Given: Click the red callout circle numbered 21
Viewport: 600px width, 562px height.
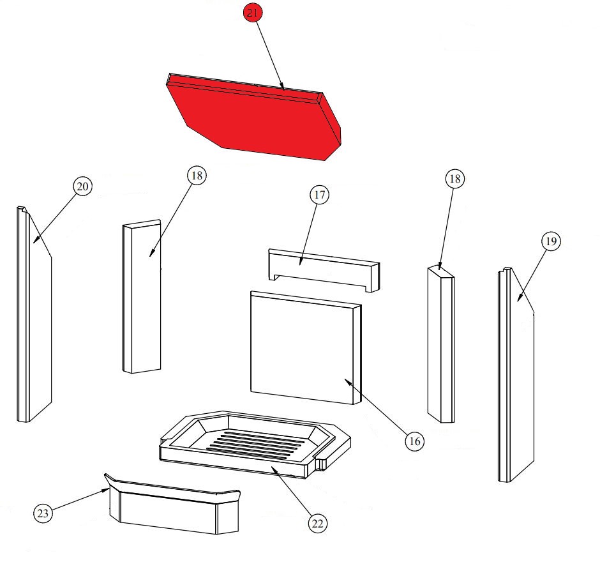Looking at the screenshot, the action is (253, 13).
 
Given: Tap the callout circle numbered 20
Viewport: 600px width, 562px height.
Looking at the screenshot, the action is (82, 186).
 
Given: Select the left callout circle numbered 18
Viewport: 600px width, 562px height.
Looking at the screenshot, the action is (197, 176).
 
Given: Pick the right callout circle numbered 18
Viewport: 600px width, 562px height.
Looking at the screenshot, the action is (455, 178).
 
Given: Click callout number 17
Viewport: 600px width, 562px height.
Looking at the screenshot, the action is (320, 195).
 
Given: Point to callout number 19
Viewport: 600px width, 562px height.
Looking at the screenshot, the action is (551, 241).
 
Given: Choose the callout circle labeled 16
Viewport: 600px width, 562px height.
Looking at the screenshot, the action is (415, 441).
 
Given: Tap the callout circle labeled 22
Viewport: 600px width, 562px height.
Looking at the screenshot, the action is (318, 523).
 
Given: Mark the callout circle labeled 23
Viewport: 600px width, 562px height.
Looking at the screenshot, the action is (43, 513).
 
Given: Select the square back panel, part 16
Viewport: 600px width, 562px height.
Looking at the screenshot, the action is (306, 347).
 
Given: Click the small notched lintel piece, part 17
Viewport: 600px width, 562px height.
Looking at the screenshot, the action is (324, 270).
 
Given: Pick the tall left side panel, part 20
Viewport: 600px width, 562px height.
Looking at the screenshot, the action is (34, 314).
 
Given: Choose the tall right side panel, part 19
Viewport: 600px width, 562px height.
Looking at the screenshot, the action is (516, 374).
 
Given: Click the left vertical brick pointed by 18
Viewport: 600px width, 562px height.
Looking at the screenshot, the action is (142, 296).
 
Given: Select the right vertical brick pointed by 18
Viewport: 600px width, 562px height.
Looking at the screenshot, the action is (441, 344).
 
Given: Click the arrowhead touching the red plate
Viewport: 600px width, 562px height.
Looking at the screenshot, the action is (281, 86).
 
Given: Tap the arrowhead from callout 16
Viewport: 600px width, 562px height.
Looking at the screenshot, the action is (347, 381).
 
